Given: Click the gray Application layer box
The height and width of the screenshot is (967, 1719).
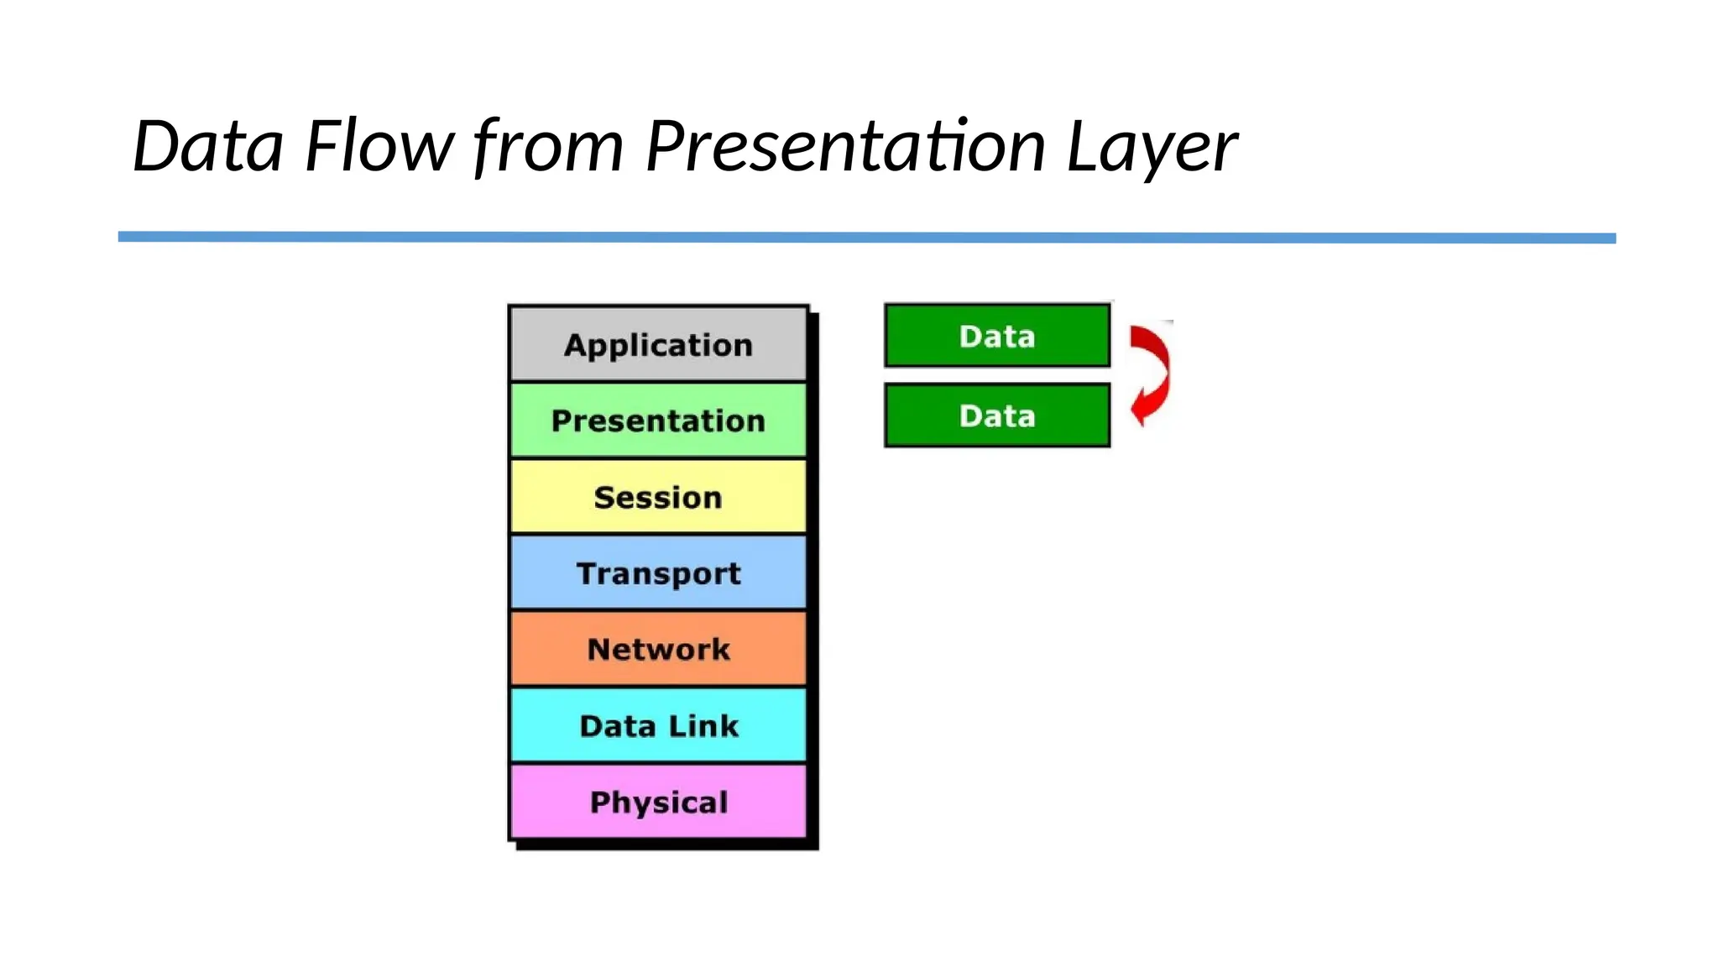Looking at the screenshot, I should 658,344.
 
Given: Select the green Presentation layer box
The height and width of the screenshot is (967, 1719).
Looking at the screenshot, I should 658,421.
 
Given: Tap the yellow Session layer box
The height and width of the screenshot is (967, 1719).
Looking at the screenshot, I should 658,497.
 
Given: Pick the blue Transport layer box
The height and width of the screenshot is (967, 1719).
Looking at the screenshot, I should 658,573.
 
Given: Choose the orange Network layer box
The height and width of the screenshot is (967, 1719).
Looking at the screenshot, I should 658,649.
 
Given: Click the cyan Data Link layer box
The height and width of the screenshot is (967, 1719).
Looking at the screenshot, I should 658,725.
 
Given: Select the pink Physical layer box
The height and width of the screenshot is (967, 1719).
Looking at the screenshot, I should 658,802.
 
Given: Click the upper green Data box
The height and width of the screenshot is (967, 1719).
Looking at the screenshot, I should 997,336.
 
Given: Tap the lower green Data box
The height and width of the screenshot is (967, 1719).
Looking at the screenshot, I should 997,416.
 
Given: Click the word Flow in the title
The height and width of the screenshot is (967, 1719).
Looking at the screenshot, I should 379,146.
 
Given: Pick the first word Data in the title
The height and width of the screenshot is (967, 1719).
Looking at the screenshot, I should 208,146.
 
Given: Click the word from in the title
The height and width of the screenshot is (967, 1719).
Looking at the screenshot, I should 549,146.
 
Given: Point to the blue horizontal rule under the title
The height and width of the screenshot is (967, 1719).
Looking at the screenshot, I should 866,238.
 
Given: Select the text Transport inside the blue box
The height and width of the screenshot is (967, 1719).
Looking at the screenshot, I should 658,573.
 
